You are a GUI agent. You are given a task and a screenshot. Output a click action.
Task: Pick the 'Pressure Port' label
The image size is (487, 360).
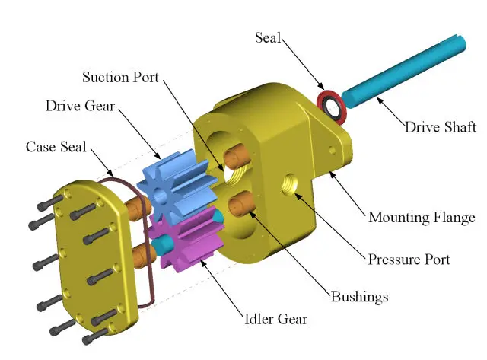tap(409, 259)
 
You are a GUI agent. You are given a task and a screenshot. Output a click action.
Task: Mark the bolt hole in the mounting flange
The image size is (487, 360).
tap(333, 152)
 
